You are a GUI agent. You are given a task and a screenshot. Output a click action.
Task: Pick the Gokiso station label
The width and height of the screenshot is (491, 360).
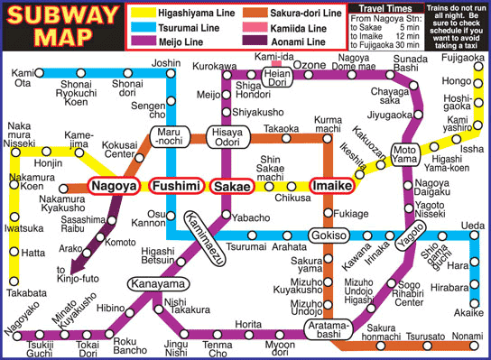point(329,236)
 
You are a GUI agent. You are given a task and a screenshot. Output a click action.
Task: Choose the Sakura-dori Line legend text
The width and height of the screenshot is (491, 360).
point(308,14)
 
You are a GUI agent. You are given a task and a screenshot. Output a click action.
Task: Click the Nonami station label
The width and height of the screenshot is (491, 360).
point(465,335)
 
